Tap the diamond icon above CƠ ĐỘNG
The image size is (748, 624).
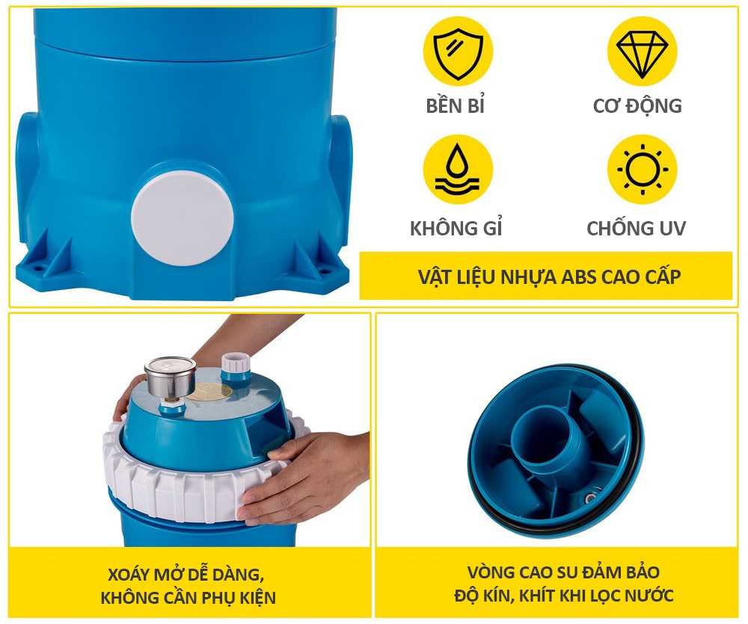click(x=642, y=52)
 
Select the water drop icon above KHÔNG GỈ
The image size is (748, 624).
click(x=458, y=169)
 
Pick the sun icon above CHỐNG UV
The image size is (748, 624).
click(x=642, y=169)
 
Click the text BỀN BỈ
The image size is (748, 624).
click(x=455, y=106)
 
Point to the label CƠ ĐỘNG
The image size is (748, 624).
click(x=637, y=106)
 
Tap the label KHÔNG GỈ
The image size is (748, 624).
click(x=456, y=228)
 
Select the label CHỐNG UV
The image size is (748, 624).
click(x=637, y=229)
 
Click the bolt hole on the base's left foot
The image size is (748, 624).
click(x=35, y=268)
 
